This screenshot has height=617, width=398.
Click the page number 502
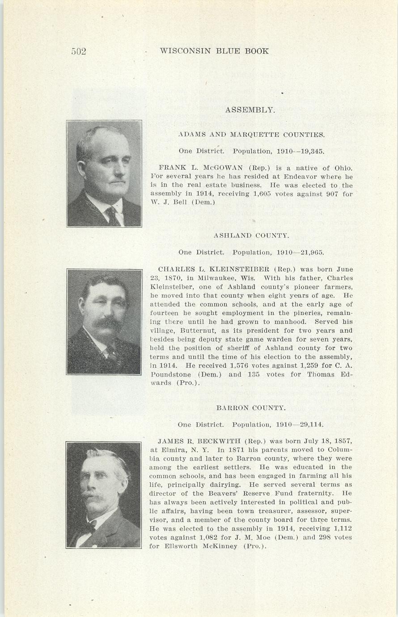pyautogui.click(x=79, y=51)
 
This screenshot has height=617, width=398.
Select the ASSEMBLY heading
pyautogui.click(x=250, y=110)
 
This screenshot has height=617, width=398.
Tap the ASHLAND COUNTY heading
pyautogui.click(x=251, y=235)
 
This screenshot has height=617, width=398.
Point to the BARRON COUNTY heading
pyautogui.click(x=250, y=408)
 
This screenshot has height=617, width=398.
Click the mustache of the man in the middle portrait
pyautogui.click(x=107, y=323)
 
